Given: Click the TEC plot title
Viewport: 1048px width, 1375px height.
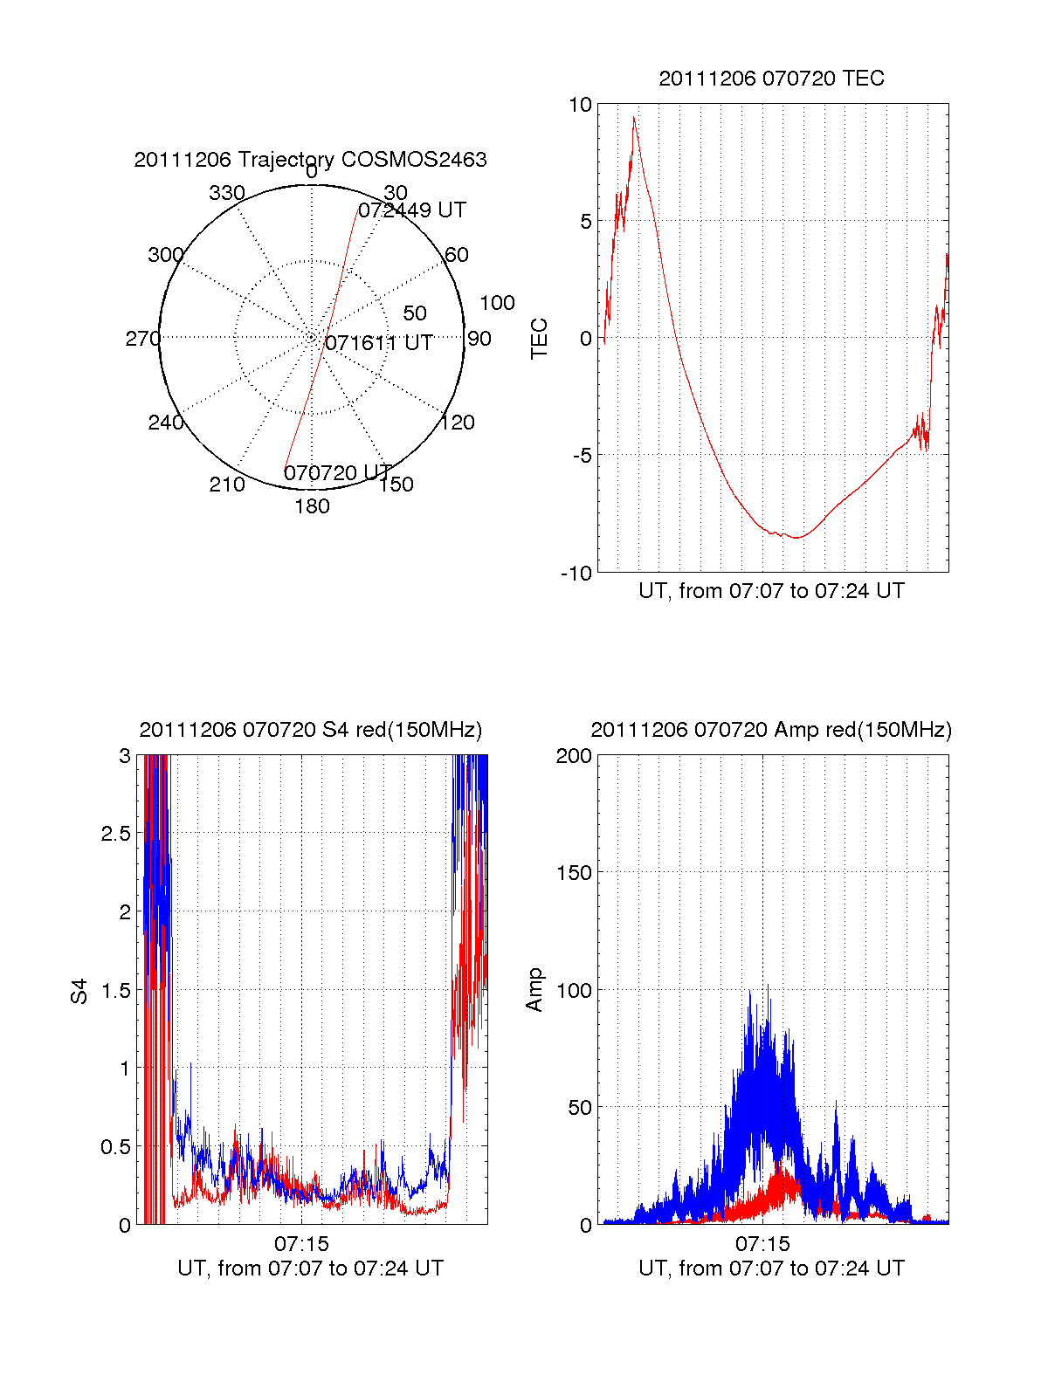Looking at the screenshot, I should coord(771,79).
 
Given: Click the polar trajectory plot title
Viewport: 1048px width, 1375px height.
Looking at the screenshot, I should coord(310,160).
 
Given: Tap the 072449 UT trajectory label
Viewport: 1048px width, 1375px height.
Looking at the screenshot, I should coord(412,210).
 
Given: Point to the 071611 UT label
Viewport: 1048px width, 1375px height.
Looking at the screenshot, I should coord(378,343).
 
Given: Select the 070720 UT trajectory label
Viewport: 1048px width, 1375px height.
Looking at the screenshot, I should coord(337,473).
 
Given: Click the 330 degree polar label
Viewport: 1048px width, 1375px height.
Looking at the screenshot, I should coord(227,193).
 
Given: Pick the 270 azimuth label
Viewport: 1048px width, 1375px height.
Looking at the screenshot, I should coord(142,339).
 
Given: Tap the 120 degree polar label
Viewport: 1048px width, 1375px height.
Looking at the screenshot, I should coord(458,423).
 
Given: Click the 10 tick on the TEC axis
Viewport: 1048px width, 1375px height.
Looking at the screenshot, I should coord(580,105).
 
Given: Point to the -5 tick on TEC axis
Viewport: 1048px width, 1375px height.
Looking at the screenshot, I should coord(582,456).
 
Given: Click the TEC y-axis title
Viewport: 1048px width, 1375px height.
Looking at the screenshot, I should coord(540,339).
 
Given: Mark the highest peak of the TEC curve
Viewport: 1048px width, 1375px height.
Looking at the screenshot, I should coord(634,117).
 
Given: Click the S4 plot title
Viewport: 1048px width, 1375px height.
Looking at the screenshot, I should coord(310,730).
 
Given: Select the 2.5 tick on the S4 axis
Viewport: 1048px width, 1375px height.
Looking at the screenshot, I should coord(115,834).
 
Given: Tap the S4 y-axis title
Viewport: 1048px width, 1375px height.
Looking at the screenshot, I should coord(79,990).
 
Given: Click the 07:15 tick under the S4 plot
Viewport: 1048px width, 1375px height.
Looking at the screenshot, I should coord(301,1243).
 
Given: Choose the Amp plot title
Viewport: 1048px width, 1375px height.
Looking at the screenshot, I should coord(771,730).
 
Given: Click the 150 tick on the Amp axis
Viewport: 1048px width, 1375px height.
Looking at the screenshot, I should coord(574,873).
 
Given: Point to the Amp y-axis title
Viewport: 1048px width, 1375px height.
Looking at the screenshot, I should coord(534,990).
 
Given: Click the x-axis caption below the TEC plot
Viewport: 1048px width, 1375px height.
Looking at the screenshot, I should coord(771,591).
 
